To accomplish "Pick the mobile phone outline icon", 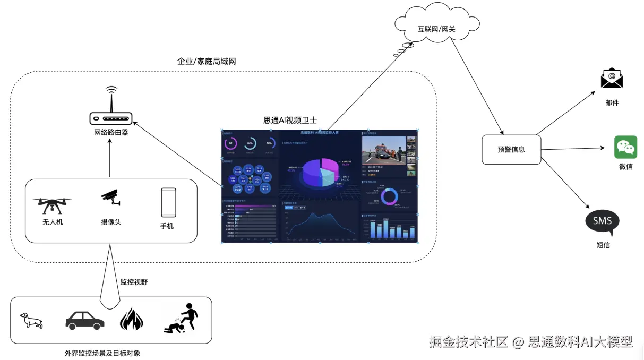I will click(x=168, y=202).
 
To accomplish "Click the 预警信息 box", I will click(x=511, y=150).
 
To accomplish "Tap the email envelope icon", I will click(x=612, y=79).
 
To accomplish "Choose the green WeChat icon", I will click(x=625, y=147).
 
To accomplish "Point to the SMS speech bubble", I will click(x=602, y=222).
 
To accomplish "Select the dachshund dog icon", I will click(x=31, y=321).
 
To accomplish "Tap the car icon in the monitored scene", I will click(x=85, y=320).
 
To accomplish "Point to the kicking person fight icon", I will click(x=182, y=319).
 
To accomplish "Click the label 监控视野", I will click(x=134, y=282).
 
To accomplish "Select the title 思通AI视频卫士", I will click(x=290, y=121).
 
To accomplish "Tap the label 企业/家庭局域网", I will click(x=206, y=62).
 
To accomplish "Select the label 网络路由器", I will click(x=111, y=132).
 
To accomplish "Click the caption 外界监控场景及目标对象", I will click(x=102, y=353).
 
